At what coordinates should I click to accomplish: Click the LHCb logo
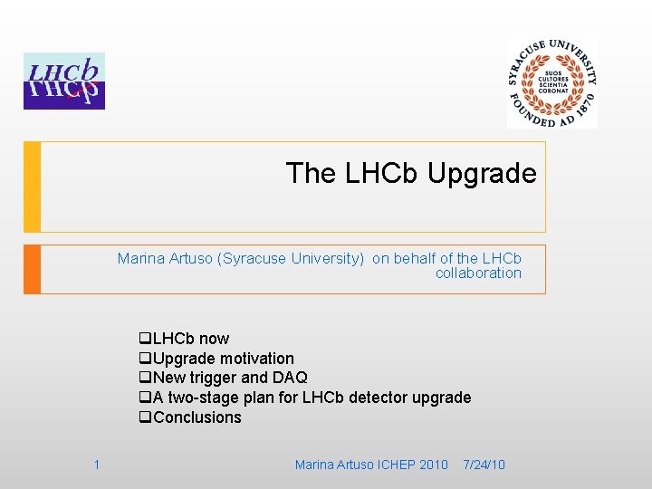tap(64, 81)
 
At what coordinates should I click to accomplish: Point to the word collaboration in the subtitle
tap(478, 273)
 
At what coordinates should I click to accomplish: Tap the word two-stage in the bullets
tap(201, 398)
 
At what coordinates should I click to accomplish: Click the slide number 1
tap(96, 465)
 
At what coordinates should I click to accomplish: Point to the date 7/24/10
tap(484, 465)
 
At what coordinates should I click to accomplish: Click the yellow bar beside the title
tap(32, 187)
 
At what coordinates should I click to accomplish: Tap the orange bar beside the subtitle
tap(32, 269)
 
